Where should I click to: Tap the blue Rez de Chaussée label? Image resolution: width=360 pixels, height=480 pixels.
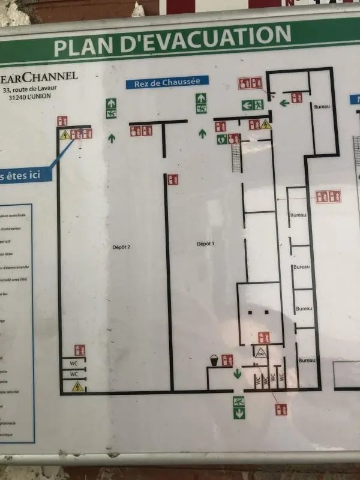[167, 82]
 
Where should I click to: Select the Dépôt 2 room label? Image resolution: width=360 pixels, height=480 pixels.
[121, 246]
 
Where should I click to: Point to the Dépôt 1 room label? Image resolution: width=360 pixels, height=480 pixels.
[205, 243]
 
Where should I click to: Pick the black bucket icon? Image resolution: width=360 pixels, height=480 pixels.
[213, 360]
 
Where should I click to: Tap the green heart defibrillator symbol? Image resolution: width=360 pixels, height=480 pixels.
[222, 139]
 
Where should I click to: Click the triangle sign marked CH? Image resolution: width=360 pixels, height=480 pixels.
[260, 353]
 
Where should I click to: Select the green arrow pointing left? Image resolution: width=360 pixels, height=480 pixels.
[284, 103]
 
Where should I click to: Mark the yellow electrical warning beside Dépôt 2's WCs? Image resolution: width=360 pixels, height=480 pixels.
[77, 387]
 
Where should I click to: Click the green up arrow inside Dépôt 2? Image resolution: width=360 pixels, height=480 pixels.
[112, 138]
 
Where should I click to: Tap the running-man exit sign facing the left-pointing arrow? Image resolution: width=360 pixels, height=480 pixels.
[258, 105]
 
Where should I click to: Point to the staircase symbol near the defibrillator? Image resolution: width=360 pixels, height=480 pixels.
[236, 157]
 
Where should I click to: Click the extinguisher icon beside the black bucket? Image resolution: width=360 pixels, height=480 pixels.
[227, 360]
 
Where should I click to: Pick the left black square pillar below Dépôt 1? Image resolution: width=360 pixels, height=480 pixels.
[250, 313]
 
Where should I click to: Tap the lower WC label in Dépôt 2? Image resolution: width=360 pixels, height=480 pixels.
[74, 374]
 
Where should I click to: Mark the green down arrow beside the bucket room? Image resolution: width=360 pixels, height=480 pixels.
[238, 374]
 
